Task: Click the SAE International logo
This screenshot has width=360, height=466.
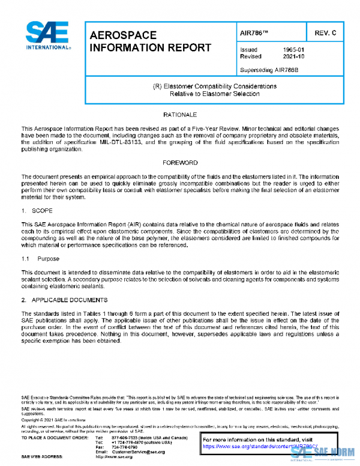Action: [x=47, y=37]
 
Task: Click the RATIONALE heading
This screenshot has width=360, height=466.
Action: [x=179, y=114]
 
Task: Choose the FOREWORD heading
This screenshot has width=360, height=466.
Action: [x=179, y=163]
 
